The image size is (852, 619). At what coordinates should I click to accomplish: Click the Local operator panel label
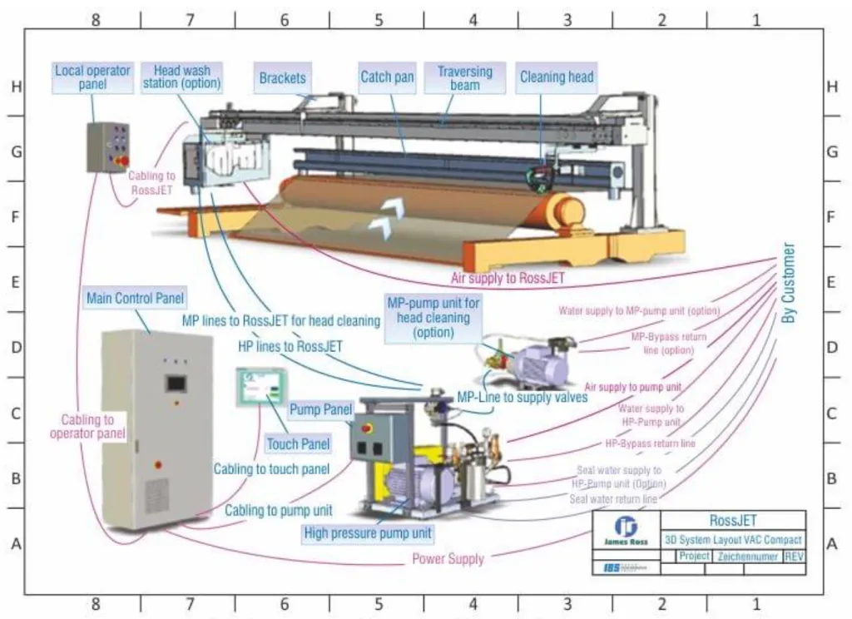point(93,77)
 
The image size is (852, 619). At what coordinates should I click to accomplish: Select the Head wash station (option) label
point(181,77)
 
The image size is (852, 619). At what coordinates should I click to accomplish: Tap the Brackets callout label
point(282,78)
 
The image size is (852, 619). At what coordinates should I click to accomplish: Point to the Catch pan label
point(387,77)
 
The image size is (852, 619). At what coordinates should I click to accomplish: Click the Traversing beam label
point(464,77)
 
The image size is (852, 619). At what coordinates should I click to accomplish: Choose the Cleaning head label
point(557,77)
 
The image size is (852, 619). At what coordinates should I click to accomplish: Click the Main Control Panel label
point(136,298)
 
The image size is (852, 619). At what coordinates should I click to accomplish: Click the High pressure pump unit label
point(369,532)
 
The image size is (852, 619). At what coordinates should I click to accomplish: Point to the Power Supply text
point(448,559)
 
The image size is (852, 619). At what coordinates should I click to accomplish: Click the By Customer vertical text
point(789,283)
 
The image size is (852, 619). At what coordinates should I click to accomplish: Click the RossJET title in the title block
point(733,520)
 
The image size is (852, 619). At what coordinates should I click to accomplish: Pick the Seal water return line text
point(613,499)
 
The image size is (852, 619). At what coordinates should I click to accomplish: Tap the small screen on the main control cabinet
point(176,383)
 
